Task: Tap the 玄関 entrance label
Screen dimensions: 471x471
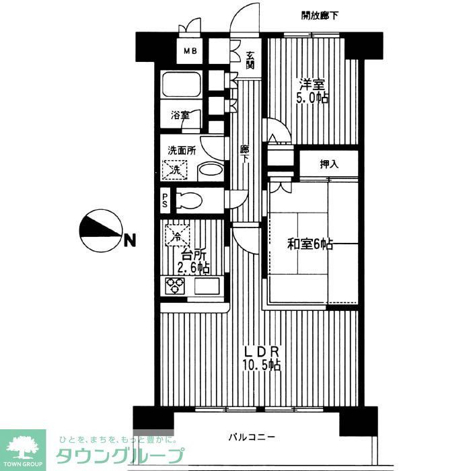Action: tap(250, 61)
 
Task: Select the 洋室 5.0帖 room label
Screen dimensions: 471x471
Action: tap(313, 92)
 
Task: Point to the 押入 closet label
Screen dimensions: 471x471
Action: tap(328, 164)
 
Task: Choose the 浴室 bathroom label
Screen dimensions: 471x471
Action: tap(180, 115)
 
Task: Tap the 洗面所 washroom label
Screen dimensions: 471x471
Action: tap(182, 151)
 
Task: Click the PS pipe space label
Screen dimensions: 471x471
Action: tap(166, 200)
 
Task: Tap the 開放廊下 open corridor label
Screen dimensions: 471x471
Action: tap(320, 15)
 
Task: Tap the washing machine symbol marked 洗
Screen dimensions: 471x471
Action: tap(178, 170)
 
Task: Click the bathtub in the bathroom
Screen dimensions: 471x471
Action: tap(180, 86)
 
